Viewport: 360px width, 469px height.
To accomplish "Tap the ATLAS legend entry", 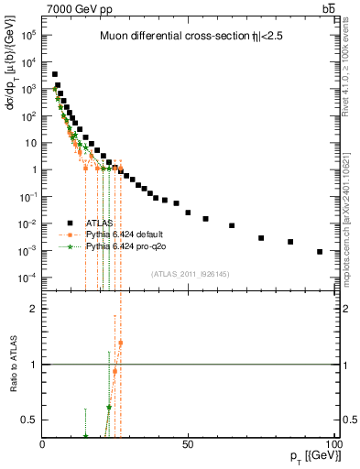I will [x=99, y=224].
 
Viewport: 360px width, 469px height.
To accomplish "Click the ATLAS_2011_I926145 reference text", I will [x=190, y=273].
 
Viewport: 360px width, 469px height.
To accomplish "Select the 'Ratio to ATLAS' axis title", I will [x=16, y=364].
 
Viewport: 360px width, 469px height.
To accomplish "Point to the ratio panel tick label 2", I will [x=33, y=309].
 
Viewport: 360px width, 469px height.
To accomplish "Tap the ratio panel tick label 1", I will [x=33, y=365].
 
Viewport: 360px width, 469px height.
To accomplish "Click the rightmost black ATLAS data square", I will [x=320, y=252].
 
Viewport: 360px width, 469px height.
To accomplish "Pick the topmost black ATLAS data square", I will [x=55, y=74].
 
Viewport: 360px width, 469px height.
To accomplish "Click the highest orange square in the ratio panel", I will [x=120, y=344].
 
